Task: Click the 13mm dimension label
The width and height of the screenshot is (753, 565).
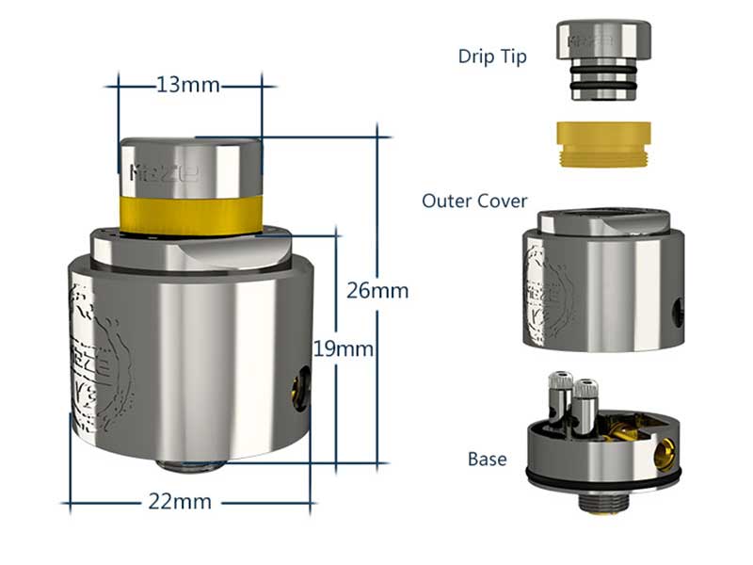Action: tap(187, 86)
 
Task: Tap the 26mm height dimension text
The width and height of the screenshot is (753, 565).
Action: tap(377, 290)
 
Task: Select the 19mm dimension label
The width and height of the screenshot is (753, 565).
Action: tap(344, 349)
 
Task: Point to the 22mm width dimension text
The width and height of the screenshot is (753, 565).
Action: tap(180, 501)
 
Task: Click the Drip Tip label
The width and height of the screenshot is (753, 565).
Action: tap(492, 56)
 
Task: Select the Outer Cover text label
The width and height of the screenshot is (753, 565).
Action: tap(474, 201)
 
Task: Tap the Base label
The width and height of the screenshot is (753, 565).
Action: tap(487, 460)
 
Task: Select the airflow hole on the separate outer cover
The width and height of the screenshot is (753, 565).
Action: tap(677, 311)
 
